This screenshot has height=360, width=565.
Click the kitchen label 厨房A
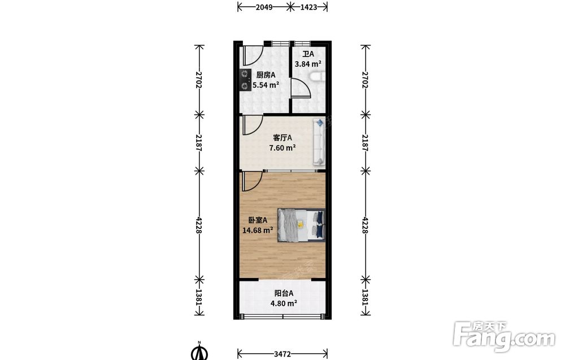(266, 75)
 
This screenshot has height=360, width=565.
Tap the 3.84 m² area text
(308, 64)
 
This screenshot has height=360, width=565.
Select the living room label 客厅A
(282, 138)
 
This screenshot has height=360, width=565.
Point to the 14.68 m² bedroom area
(258, 230)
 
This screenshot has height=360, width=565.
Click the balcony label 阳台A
(284, 293)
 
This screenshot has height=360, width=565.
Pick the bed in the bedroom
(301, 225)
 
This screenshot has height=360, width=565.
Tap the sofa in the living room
(319, 142)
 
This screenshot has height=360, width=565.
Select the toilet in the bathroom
(317, 77)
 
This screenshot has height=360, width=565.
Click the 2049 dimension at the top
(264, 7)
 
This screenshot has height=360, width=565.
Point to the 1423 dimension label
(308, 7)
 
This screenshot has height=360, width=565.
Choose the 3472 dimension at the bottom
(282, 354)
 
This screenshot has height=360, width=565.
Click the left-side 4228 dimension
(198, 225)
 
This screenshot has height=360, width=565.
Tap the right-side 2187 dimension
(365, 143)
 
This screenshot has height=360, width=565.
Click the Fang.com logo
(505, 336)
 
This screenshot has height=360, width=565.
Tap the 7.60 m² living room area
(282, 148)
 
